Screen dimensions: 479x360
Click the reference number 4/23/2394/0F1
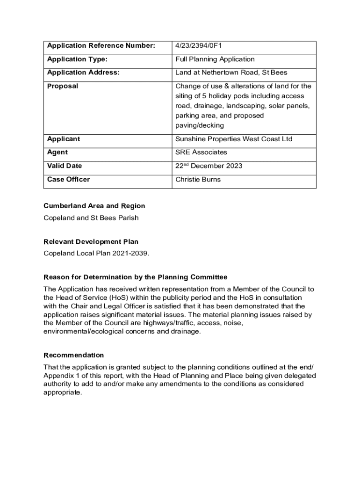click(198, 46)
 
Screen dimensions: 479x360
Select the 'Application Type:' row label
click(77, 59)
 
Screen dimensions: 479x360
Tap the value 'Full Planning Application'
click(215, 59)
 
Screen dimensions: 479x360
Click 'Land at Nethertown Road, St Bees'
click(231, 73)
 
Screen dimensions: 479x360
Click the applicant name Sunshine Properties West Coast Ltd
click(233, 139)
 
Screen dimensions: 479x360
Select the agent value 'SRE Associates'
click(201, 152)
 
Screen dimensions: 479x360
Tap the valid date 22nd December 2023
click(209, 166)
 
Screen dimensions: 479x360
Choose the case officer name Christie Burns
click(198, 180)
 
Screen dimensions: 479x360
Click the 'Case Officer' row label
click(68, 180)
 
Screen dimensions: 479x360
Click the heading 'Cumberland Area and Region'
click(94, 206)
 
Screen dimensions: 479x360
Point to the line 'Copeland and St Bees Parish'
click(91, 218)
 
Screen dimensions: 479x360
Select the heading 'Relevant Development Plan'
click(91, 242)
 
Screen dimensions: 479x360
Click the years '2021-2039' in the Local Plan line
click(133, 254)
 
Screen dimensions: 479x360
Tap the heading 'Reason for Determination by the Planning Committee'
click(135, 277)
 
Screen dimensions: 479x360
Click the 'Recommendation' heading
click(73, 355)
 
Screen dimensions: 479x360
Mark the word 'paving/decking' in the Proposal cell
click(199, 125)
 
